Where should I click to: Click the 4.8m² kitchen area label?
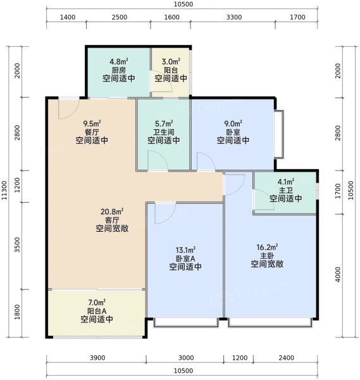118,61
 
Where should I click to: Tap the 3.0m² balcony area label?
171,61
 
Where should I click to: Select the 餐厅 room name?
92,132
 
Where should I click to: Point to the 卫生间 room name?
164,132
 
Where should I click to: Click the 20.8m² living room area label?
112,212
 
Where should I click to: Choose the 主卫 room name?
286,190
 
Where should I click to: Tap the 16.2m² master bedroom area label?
267,247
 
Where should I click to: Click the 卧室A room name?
185,258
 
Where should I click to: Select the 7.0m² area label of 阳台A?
97,303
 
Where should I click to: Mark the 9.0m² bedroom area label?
233,124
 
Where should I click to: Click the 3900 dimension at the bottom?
97,358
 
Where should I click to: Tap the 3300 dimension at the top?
234,17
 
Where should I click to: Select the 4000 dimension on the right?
338,274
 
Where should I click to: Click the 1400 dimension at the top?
68,17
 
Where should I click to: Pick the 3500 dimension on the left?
17,244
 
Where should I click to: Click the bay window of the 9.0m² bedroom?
278,134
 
